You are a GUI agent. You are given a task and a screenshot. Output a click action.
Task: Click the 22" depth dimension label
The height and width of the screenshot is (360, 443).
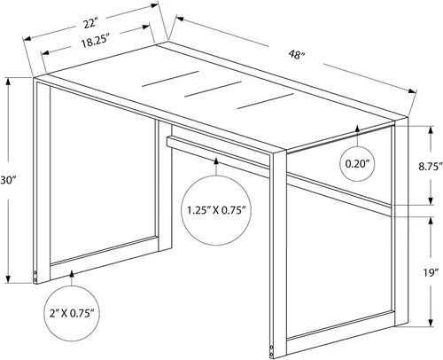coord(89,23)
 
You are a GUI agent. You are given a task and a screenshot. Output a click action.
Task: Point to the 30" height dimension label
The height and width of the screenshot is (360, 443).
coord(8,180)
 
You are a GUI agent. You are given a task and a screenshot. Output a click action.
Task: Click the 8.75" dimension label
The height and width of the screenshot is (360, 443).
coord(431,166)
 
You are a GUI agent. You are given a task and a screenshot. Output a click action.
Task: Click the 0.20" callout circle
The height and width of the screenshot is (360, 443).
coord(358,164)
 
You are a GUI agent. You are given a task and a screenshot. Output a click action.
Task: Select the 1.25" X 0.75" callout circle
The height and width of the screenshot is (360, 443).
coord(216,210)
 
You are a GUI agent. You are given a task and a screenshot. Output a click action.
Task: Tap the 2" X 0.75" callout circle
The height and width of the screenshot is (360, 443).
coord(72,313)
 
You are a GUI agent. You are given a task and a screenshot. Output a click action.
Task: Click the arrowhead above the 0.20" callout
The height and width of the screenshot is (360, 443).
coord(358,129)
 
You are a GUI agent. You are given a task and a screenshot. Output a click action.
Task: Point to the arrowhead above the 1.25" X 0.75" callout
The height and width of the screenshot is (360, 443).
coord(216,161)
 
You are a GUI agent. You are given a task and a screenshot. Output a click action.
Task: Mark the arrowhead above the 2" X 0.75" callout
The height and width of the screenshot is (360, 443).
coord(72,273)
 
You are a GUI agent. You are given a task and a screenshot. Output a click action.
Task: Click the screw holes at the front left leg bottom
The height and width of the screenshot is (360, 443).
coord(35,276)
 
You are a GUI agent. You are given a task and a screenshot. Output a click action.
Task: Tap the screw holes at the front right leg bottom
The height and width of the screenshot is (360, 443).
coord(272,351)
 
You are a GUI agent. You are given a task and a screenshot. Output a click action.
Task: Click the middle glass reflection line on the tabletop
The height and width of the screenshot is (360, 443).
coord(214,89)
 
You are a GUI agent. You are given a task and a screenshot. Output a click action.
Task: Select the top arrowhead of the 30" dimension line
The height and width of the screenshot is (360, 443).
coord(8,82)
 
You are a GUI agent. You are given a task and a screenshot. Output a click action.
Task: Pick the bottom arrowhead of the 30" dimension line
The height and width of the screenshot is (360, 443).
coord(8,279)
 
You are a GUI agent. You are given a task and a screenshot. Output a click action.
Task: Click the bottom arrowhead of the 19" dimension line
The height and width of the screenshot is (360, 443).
coord(431,323)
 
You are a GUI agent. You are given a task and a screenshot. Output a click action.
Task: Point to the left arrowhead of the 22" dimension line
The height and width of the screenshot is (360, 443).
coord(27,38)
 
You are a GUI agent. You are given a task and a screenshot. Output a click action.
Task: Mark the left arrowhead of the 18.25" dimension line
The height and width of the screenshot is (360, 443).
coord(45,53)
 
